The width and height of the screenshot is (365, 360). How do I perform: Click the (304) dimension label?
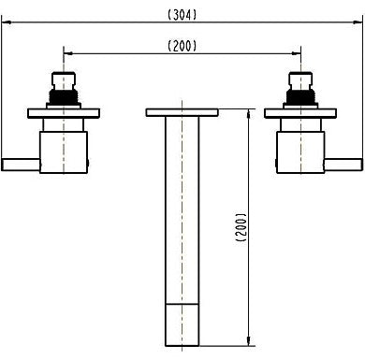[x=182, y=15]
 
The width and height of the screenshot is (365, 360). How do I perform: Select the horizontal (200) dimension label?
[x=182, y=46]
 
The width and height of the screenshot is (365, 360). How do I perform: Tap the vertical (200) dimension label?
[x=241, y=227]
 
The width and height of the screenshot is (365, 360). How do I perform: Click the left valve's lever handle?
[x=21, y=165]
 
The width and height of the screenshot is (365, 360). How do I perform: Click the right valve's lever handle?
[x=343, y=165]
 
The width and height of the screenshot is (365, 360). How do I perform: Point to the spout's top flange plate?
[x=182, y=112]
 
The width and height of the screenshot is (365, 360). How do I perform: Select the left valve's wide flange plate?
[x=64, y=113]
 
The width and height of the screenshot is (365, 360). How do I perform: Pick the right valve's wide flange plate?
[x=300, y=113]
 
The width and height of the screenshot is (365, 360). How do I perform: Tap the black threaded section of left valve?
[x=64, y=96]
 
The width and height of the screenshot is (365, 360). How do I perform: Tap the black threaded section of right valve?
[x=300, y=96]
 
